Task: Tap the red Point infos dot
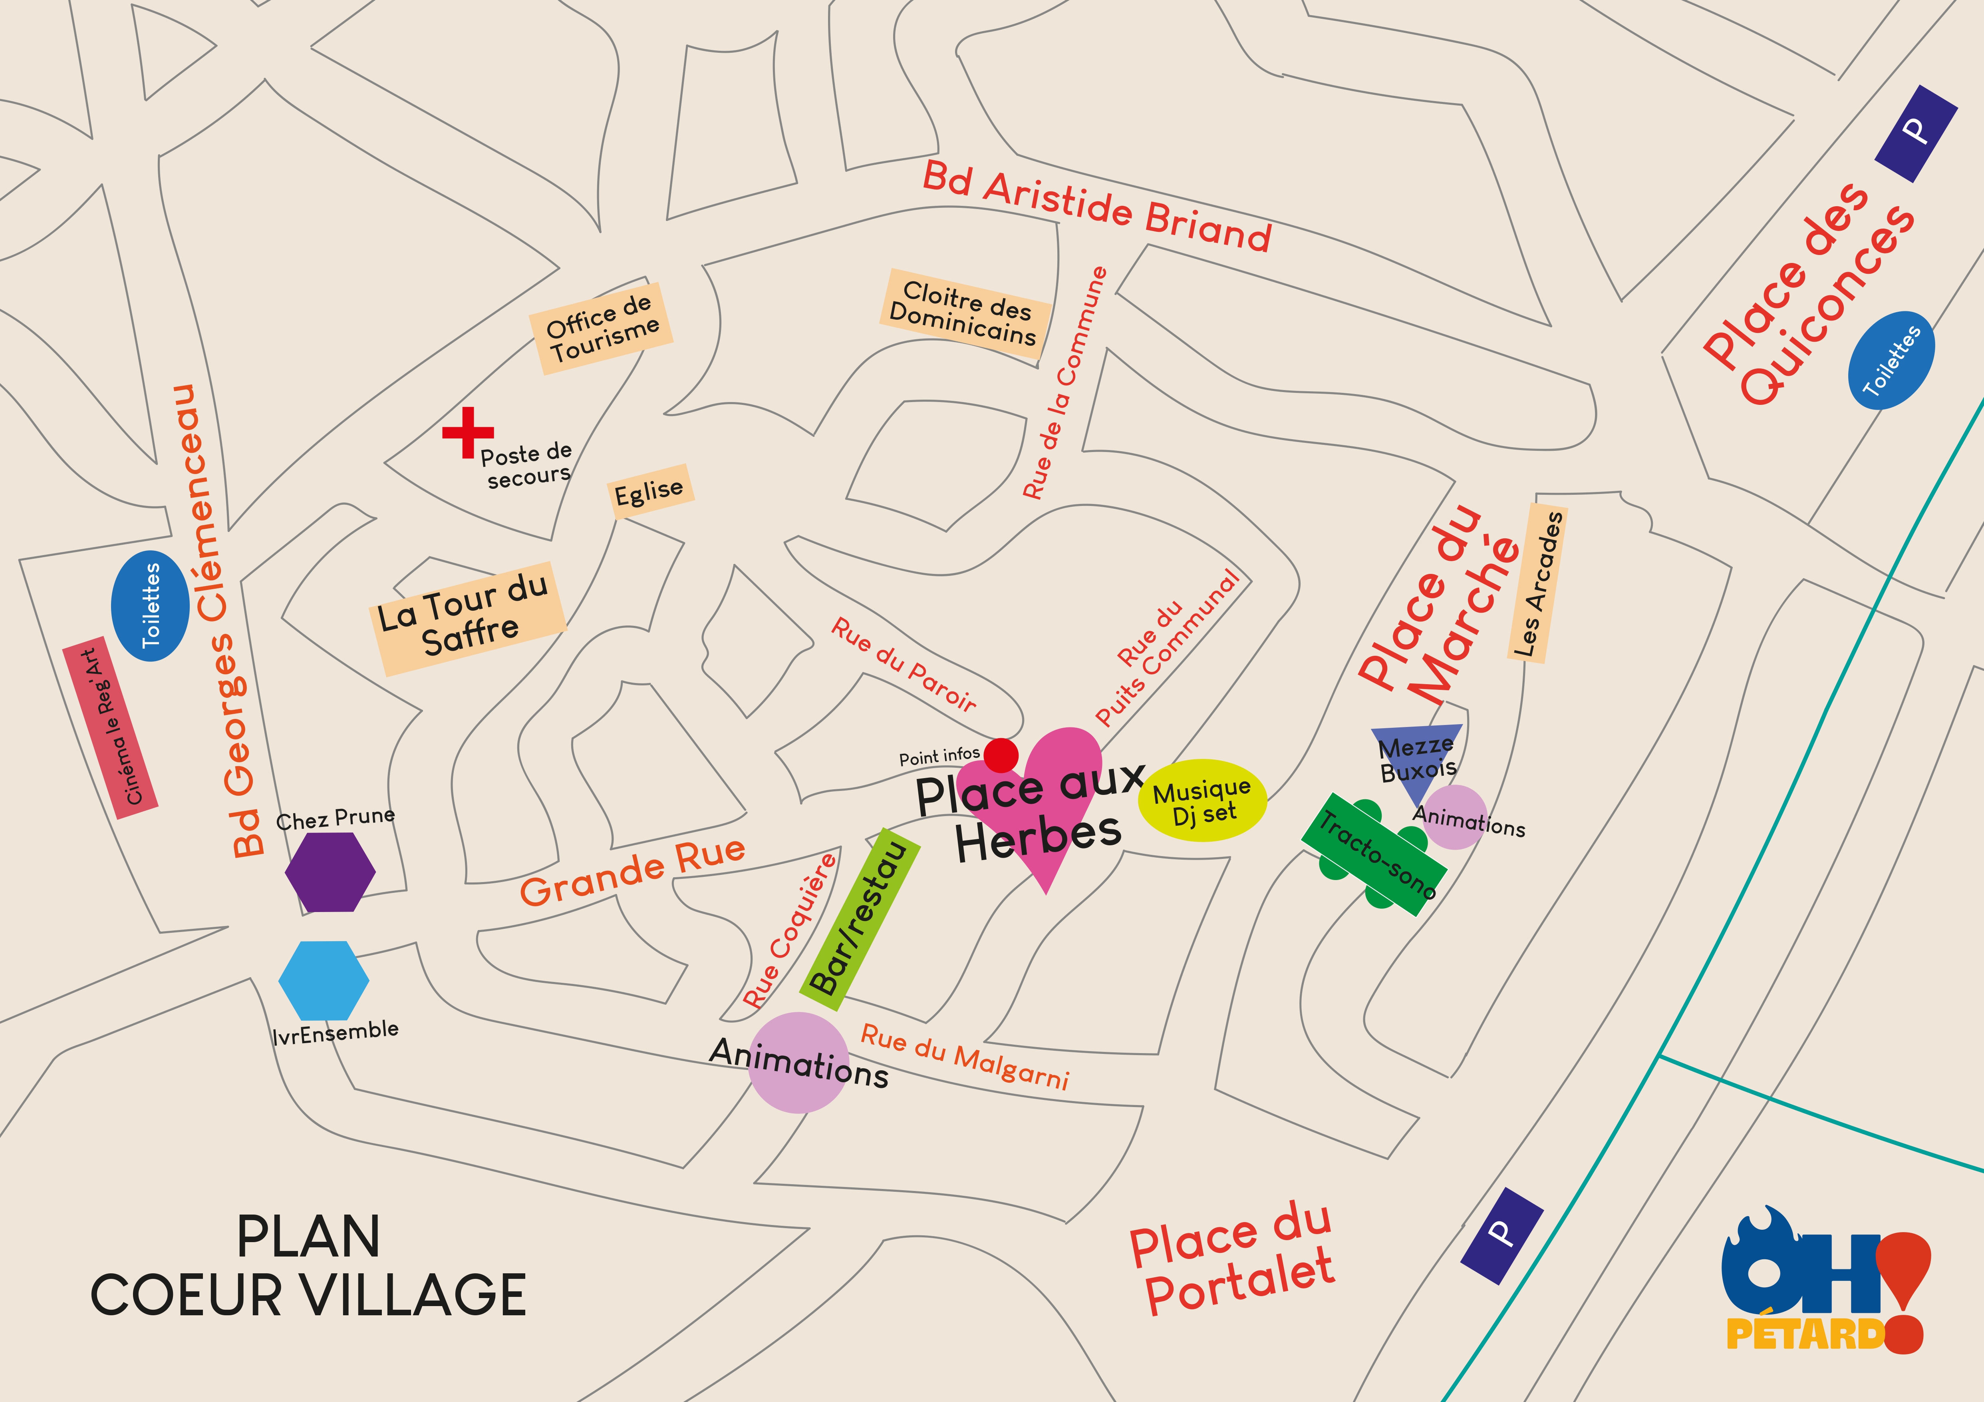pyautogui.click(x=1001, y=755)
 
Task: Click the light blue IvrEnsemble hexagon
pyautogui.click(x=324, y=980)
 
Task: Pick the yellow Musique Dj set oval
pyautogui.click(x=1202, y=800)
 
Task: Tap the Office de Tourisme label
pyautogui.click(x=602, y=329)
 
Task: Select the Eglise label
pyautogui.click(x=649, y=491)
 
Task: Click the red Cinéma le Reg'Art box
pyautogui.click(x=111, y=729)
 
